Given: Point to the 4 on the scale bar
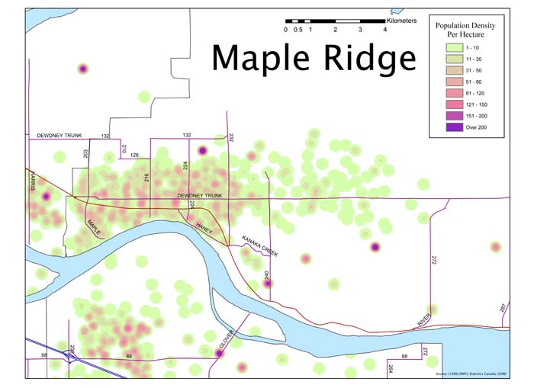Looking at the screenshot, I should click(x=384, y=30).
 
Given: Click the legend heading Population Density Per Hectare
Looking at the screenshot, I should click(x=465, y=30).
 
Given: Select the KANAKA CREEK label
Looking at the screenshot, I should click(x=260, y=245).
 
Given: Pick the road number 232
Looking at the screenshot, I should click(x=230, y=138).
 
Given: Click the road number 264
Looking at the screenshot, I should click(x=390, y=368).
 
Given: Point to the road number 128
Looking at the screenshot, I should click(x=134, y=155).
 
